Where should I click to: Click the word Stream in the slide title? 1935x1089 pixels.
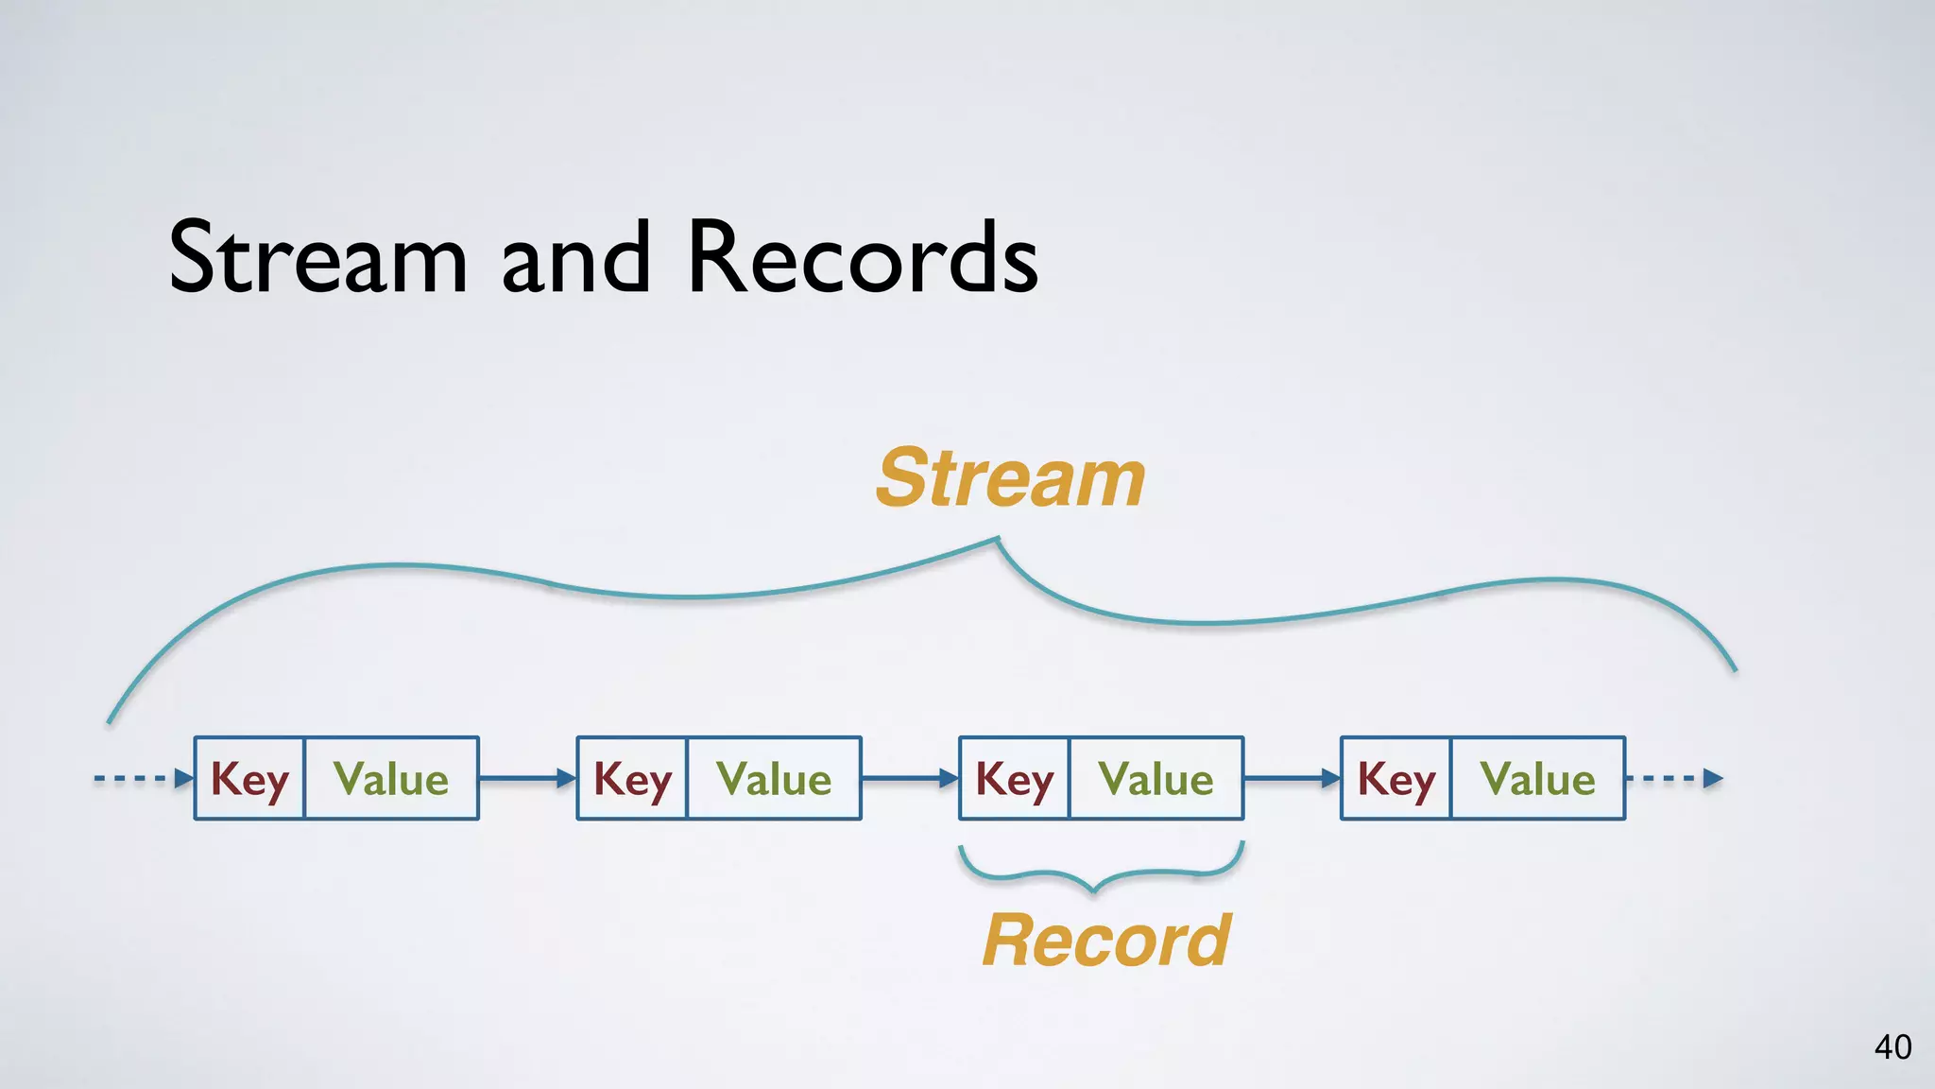[x=318, y=257]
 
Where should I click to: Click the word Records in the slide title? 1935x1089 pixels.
[x=863, y=257]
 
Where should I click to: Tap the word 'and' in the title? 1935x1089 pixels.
[x=575, y=257]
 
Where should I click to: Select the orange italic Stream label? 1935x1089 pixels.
[x=1010, y=478]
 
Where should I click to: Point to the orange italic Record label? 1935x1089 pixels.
[x=1106, y=941]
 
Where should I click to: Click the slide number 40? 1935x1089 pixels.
[x=1892, y=1047]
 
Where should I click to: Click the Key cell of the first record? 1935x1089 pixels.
[x=249, y=779]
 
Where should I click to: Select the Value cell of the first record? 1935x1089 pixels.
[x=391, y=779]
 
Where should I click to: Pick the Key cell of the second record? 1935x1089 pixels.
[x=632, y=779]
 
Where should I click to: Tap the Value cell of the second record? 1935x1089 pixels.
[x=774, y=779]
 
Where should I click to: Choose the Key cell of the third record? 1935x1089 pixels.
[x=1014, y=779]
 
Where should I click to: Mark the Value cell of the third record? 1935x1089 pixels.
[x=1156, y=779]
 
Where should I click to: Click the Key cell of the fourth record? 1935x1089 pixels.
[x=1396, y=779]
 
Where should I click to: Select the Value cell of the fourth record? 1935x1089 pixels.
[x=1537, y=779]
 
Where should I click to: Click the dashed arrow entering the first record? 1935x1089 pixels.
[x=143, y=779]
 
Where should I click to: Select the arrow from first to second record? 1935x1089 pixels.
[x=527, y=779]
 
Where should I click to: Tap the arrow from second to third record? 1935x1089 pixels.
[x=910, y=779]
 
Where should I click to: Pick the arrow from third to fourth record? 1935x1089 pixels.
[x=1292, y=779]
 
